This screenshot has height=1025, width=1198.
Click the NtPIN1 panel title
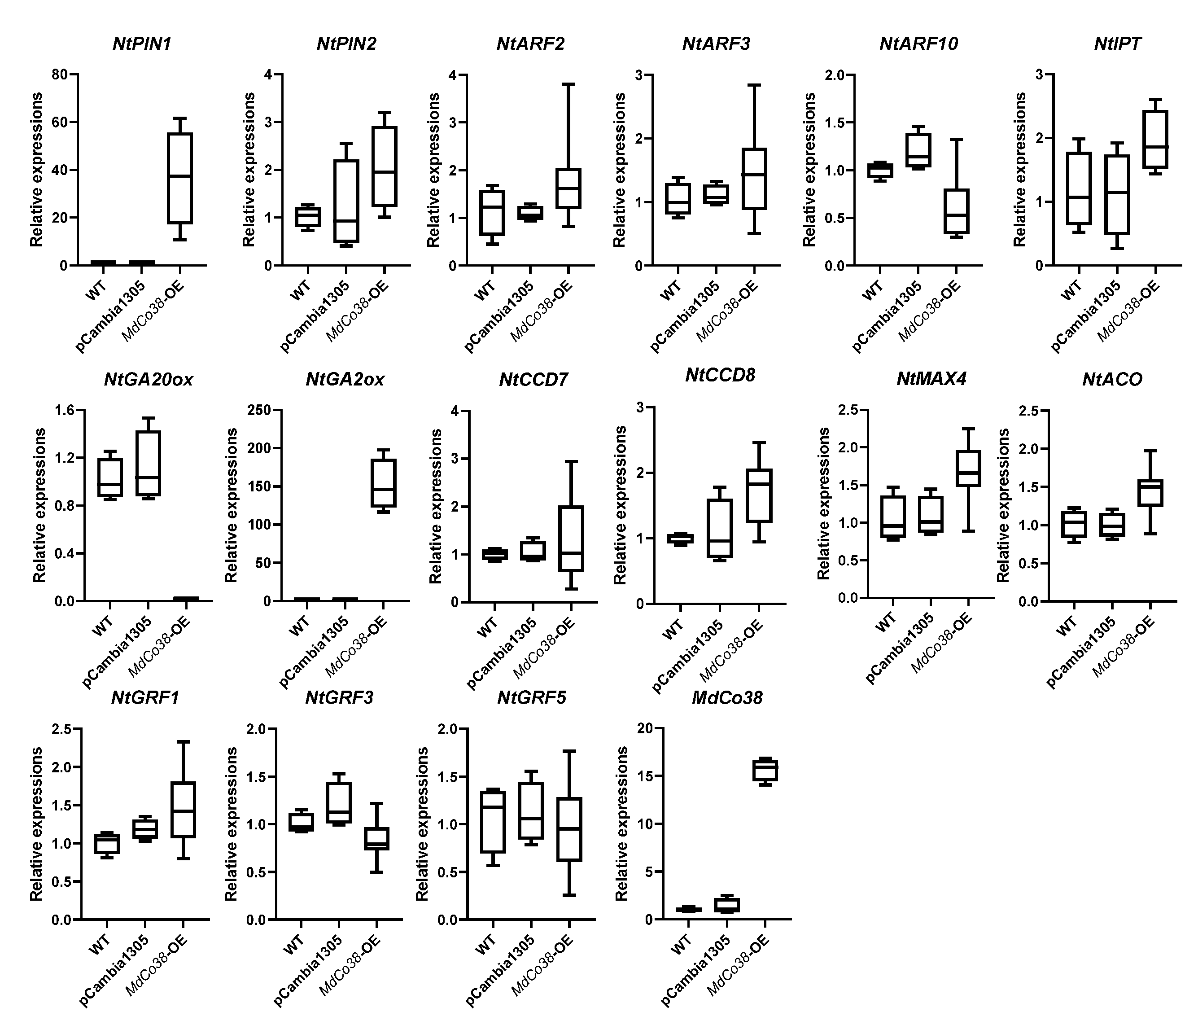142,44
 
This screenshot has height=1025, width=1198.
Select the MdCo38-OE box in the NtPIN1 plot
180,178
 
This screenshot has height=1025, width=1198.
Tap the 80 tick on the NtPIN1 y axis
60,74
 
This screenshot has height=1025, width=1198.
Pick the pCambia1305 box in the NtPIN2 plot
346,201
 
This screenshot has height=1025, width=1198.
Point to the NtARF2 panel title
530,44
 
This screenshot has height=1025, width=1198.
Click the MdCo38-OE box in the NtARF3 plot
755,178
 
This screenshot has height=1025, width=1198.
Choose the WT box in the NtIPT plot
1079,188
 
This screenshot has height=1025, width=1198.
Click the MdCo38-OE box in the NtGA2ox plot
383,483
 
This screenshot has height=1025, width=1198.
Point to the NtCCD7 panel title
533,380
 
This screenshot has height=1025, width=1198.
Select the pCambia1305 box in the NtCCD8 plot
720,528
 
